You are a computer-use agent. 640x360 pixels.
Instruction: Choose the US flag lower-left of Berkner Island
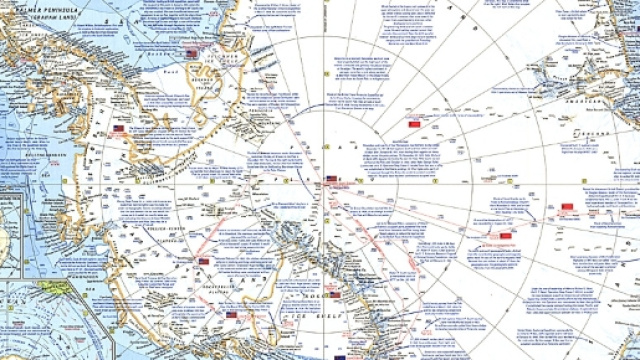click(119, 130)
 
